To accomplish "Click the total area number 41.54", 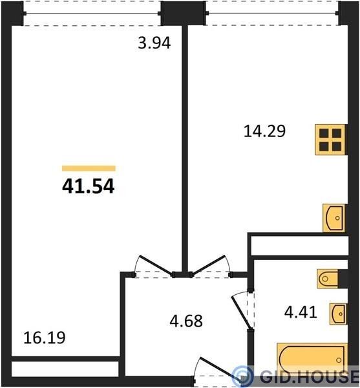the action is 89,186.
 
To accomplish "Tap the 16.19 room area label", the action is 45,338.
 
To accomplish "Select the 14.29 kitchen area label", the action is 264,131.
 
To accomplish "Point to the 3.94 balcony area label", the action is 154,43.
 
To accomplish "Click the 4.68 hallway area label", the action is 186,321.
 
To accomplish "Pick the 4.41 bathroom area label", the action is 301,312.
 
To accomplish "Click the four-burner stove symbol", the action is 330,140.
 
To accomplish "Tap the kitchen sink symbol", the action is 334,218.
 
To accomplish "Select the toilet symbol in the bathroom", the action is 328,279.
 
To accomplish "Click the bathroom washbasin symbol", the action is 338,314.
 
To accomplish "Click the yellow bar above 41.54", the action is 89,168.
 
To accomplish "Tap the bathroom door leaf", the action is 241,312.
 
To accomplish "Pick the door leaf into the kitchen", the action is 209,264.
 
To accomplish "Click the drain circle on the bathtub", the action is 339,360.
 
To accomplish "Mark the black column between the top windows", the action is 183,13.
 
